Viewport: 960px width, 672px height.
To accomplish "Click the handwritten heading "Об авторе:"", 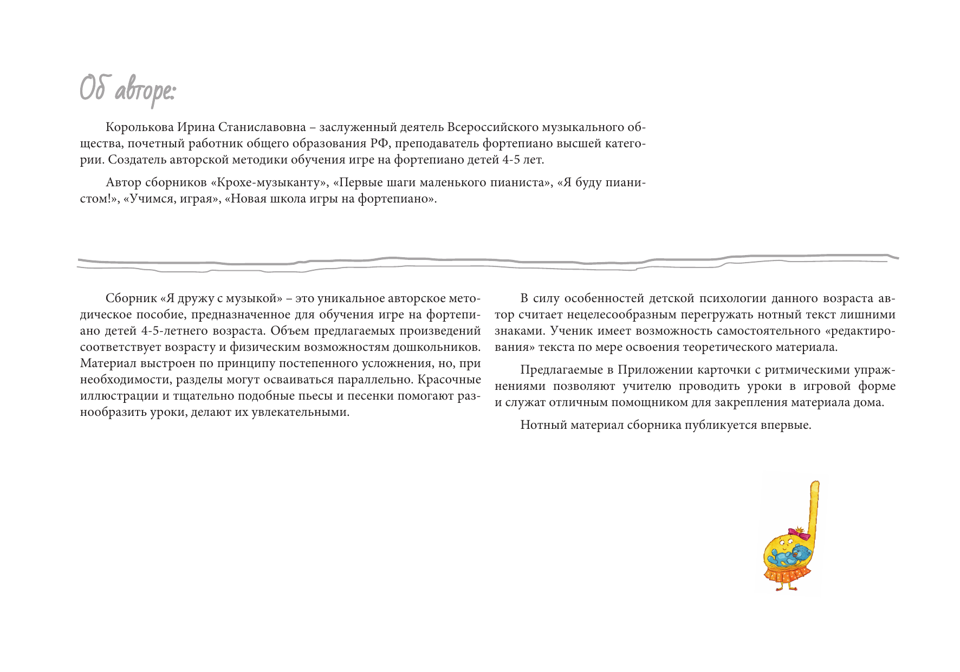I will [127, 90].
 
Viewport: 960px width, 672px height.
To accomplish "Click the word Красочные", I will [449, 380].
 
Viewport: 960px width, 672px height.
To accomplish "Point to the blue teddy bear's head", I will [801, 553].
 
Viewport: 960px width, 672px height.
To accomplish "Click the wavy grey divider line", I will [488, 262].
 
